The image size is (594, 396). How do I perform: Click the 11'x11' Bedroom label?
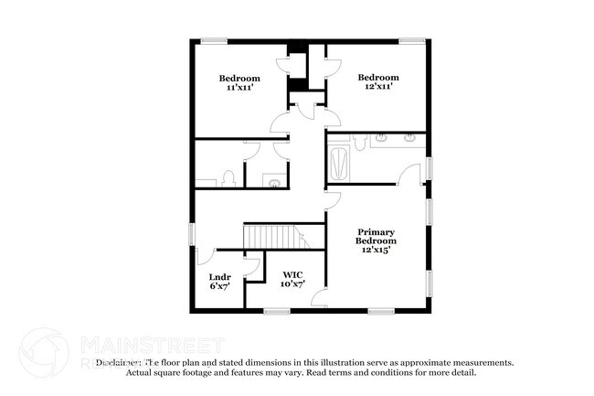[239, 78]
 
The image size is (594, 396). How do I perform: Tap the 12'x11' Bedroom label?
[377, 78]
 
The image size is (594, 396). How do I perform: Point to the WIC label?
[292, 274]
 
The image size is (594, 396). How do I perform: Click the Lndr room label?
[219, 277]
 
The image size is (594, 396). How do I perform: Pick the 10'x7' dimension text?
[292, 284]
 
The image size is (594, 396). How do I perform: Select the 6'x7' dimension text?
[219, 286]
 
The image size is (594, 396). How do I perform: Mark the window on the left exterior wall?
[191, 233]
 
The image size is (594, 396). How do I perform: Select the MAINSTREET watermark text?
[152, 345]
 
